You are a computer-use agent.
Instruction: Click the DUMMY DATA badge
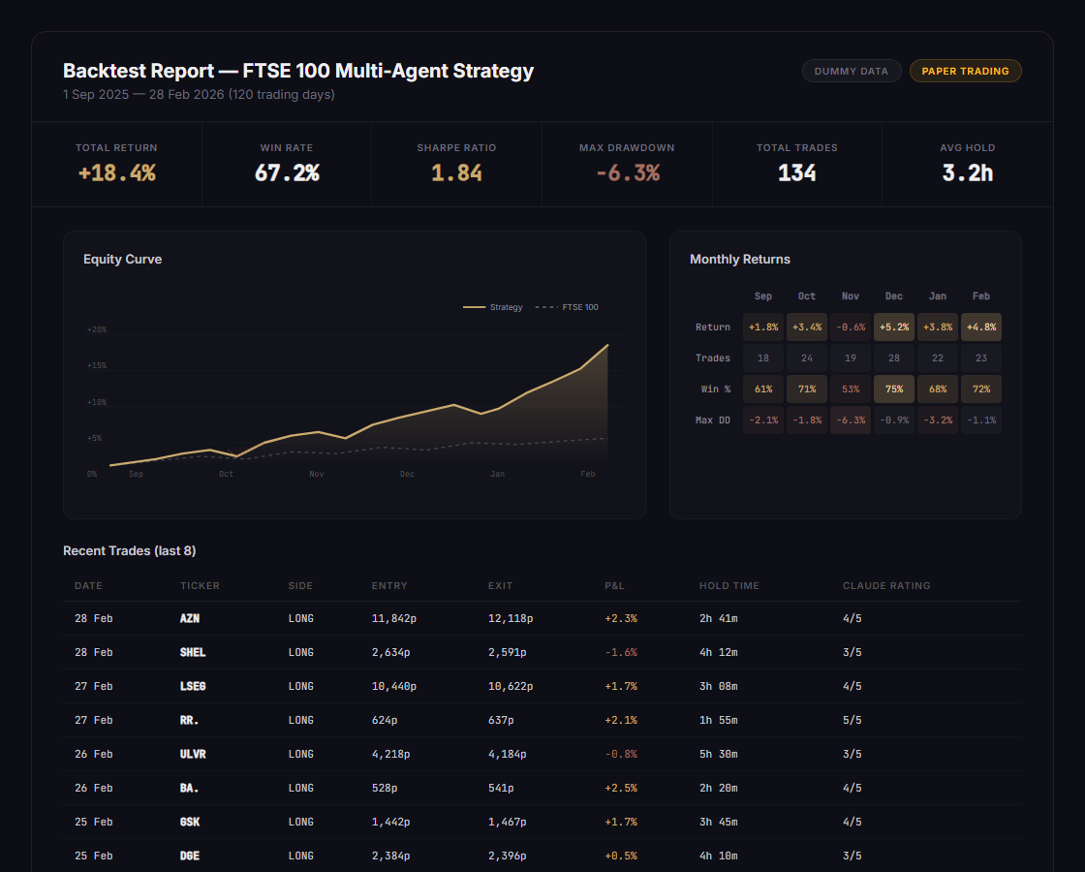[851, 71]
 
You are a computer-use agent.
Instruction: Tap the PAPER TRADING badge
[965, 71]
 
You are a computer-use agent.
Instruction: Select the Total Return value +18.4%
[116, 173]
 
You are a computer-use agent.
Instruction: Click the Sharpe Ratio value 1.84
[456, 173]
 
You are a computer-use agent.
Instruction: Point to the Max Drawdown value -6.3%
[627, 173]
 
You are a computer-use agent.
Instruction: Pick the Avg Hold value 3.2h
[967, 173]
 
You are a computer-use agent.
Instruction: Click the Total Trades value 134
[796, 173]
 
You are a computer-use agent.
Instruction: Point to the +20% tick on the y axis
[96, 329]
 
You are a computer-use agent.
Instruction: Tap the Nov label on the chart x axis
[317, 474]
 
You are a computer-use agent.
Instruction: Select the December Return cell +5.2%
[893, 327]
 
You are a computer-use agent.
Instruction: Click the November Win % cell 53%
[850, 389]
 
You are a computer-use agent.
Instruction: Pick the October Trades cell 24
[806, 358]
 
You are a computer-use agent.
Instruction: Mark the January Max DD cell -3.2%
[937, 420]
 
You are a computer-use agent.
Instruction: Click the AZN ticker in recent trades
[190, 618]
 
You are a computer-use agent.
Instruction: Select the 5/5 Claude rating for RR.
[852, 720]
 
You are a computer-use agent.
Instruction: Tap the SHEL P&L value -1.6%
[620, 652]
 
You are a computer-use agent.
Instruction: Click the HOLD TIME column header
[728, 585]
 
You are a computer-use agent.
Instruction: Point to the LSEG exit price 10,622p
[510, 686]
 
